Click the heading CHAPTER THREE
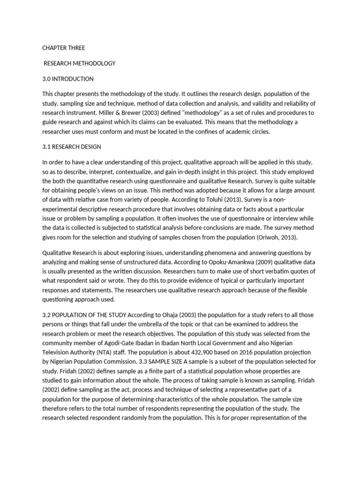64,48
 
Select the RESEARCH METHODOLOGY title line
79,63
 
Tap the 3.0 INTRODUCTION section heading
68,79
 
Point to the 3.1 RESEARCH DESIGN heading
72,147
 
